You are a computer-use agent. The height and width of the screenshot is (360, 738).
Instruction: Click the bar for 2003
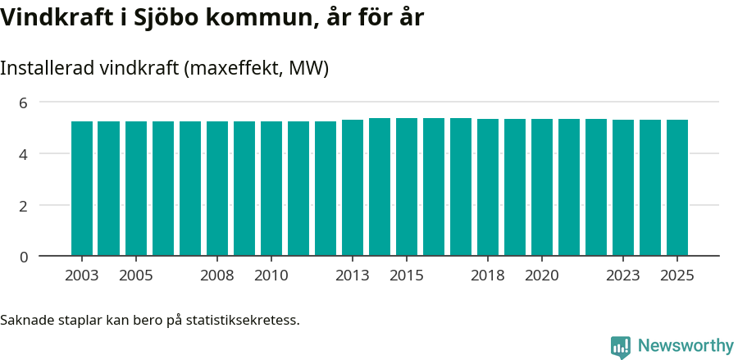82,189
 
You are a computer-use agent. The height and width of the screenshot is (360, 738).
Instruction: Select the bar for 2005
136,189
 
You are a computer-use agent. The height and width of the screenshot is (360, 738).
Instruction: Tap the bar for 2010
271,189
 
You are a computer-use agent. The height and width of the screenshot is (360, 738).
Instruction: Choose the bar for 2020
542,188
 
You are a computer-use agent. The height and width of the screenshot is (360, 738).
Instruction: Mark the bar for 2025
677,188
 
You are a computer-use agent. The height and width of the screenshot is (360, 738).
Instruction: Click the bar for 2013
353,188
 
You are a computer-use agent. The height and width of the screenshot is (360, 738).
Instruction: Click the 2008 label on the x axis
217,276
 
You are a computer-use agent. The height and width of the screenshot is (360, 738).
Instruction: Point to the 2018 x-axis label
488,276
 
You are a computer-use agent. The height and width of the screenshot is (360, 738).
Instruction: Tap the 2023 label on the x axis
623,276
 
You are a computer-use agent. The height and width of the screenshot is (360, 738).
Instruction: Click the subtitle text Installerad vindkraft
90,69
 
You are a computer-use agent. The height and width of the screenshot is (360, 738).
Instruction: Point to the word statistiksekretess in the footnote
243,320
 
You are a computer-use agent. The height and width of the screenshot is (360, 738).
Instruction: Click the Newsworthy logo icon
621,347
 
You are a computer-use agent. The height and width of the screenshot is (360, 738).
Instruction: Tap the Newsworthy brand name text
686,346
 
